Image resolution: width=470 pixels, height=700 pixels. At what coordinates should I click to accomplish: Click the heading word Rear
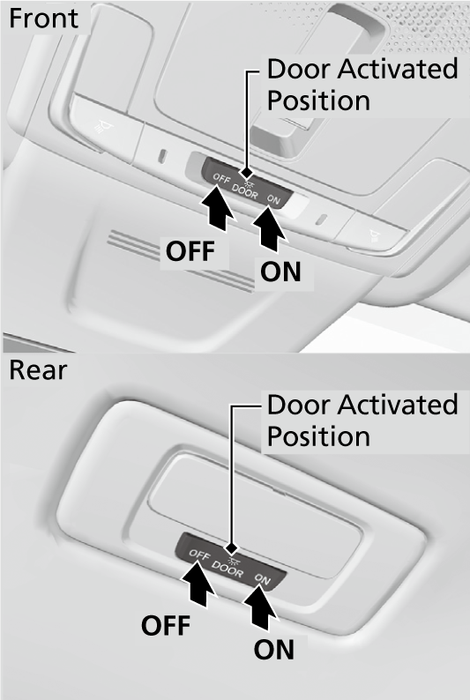(x=37, y=370)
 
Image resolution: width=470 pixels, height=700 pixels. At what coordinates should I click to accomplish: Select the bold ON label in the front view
(x=280, y=272)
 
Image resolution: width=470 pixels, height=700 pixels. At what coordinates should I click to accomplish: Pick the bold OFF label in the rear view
(x=166, y=626)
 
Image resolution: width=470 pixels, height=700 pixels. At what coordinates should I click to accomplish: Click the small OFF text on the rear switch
(x=198, y=556)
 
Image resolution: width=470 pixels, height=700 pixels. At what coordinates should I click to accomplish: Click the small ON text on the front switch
(x=273, y=199)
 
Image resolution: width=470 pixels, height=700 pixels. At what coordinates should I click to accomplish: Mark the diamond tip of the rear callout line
(x=232, y=547)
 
